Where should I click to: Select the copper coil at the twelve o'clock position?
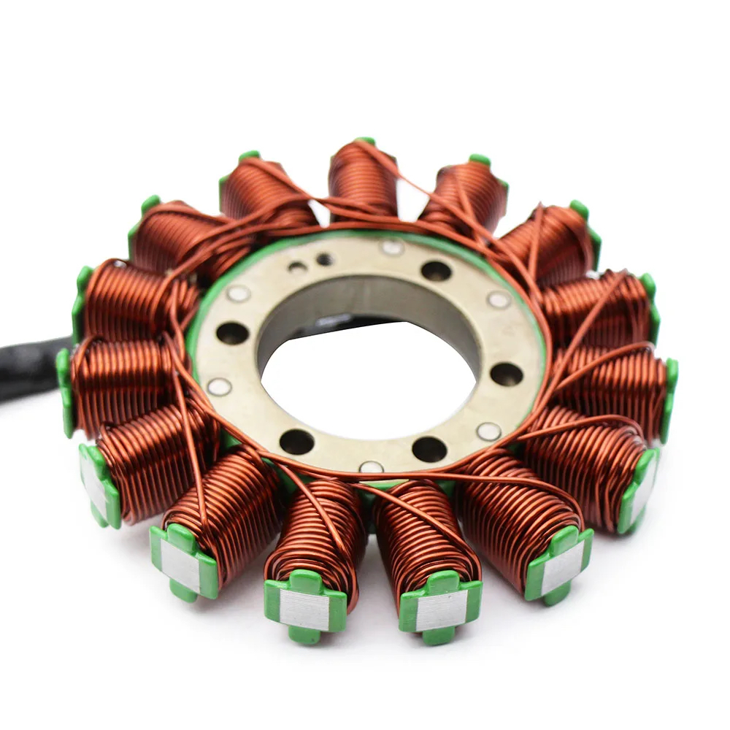click(x=363, y=179)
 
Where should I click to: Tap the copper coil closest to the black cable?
click(x=120, y=380)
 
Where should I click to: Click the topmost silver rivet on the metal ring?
click(x=393, y=247)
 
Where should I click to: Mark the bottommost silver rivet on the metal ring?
click(x=371, y=466)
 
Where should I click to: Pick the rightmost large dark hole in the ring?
click(x=506, y=374)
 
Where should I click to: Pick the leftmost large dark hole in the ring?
click(x=232, y=333)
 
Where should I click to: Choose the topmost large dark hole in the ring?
click(x=436, y=271)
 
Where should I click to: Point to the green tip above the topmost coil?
click(x=365, y=140)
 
